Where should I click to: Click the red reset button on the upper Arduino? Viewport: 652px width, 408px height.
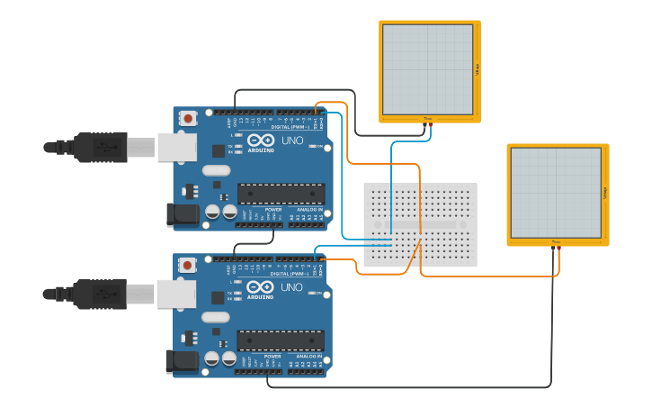pos(188,118)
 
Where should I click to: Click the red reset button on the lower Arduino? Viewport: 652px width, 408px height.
pos(188,265)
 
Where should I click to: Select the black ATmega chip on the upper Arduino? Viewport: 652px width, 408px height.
pos(281,194)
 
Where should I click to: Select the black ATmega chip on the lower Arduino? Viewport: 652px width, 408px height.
pos(281,340)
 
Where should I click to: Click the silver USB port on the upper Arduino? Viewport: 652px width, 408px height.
pos(176,147)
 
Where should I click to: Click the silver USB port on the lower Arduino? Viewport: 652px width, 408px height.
pos(176,294)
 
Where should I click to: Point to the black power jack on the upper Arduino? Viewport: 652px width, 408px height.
pos(182,214)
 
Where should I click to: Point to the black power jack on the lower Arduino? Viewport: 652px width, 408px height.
pos(182,361)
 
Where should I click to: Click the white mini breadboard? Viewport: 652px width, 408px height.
pos(420,224)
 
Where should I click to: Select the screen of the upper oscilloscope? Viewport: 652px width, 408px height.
pos(427,69)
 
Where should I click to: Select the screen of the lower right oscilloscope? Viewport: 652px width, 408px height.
pos(555,193)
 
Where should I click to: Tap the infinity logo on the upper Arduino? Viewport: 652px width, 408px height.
pos(260,141)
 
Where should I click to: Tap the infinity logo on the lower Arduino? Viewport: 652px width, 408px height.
pos(260,287)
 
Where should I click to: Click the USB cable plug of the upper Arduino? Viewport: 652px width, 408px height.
pos(100,147)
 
